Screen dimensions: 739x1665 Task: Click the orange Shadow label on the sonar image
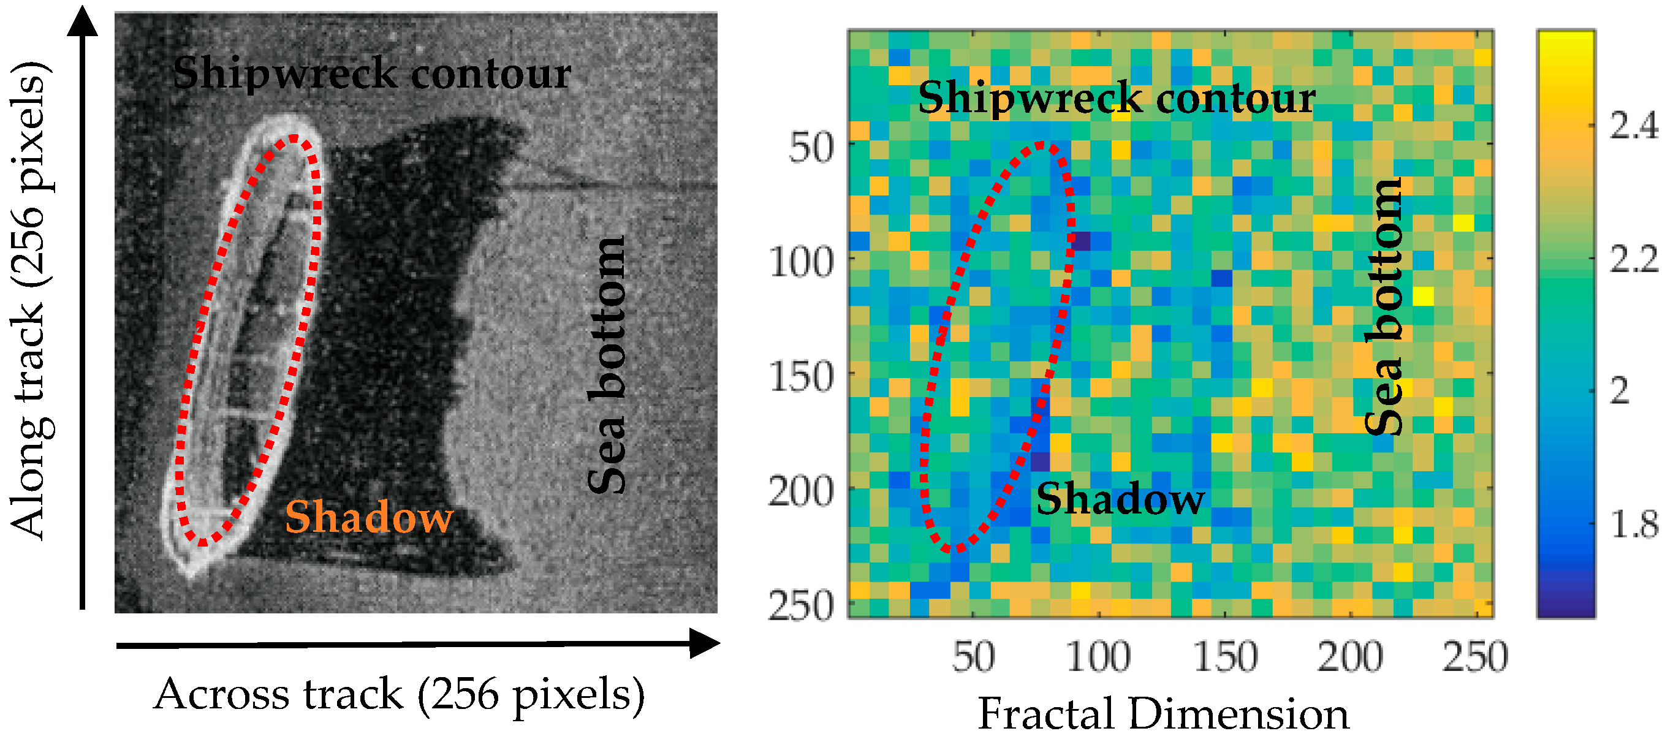[x=369, y=517]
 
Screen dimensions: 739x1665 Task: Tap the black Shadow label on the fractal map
[x=1120, y=500]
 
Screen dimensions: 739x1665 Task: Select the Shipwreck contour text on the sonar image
[x=371, y=73]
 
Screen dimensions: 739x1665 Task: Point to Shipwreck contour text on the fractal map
[x=1117, y=97]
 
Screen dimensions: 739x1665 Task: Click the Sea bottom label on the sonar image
[x=607, y=365]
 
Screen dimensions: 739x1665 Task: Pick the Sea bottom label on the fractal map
[x=1384, y=307]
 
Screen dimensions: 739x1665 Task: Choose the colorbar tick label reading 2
[x=1619, y=390]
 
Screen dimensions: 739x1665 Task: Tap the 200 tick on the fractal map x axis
[x=1349, y=657]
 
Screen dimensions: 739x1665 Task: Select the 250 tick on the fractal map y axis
[x=802, y=607]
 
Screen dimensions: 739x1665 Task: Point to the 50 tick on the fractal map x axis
[x=973, y=657]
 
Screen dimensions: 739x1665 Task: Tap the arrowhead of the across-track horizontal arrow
[x=704, y=643]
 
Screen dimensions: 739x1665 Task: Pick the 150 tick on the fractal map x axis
[x=1225, y=657]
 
